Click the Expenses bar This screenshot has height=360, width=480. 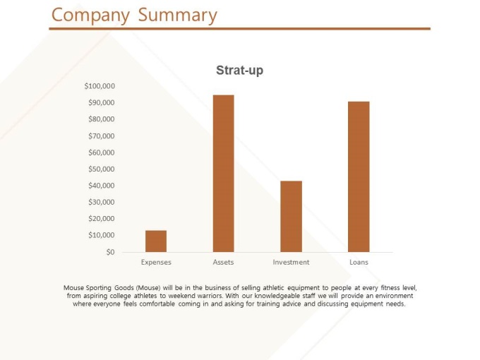[x=156, y=241]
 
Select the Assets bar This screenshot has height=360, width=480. [x=223, y=173]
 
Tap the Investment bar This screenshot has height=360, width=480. [x=291, y=216]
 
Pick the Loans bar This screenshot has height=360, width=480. [x=359, y=176]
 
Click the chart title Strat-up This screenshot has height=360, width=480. [x=239, y=71]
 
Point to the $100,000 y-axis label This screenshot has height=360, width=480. [x=100, y=86]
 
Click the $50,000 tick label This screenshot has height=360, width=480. [x=102, y=169]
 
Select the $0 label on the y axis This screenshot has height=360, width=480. [x=110, y=252]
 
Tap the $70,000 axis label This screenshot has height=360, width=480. [x=102, y=136]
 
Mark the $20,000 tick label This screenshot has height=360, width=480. [x=102, y=218]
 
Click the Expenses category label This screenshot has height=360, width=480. [x=156, y=262]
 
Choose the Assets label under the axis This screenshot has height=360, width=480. [x=223, y=262]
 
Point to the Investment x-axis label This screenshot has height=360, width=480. [x=291, y=262]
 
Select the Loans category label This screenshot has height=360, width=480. [x=359, y=262]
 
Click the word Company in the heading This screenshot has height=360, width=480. [x=91, y=16]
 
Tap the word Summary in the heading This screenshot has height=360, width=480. [x=177, y=16]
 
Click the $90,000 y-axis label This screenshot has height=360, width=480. [x=102, y=102]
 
